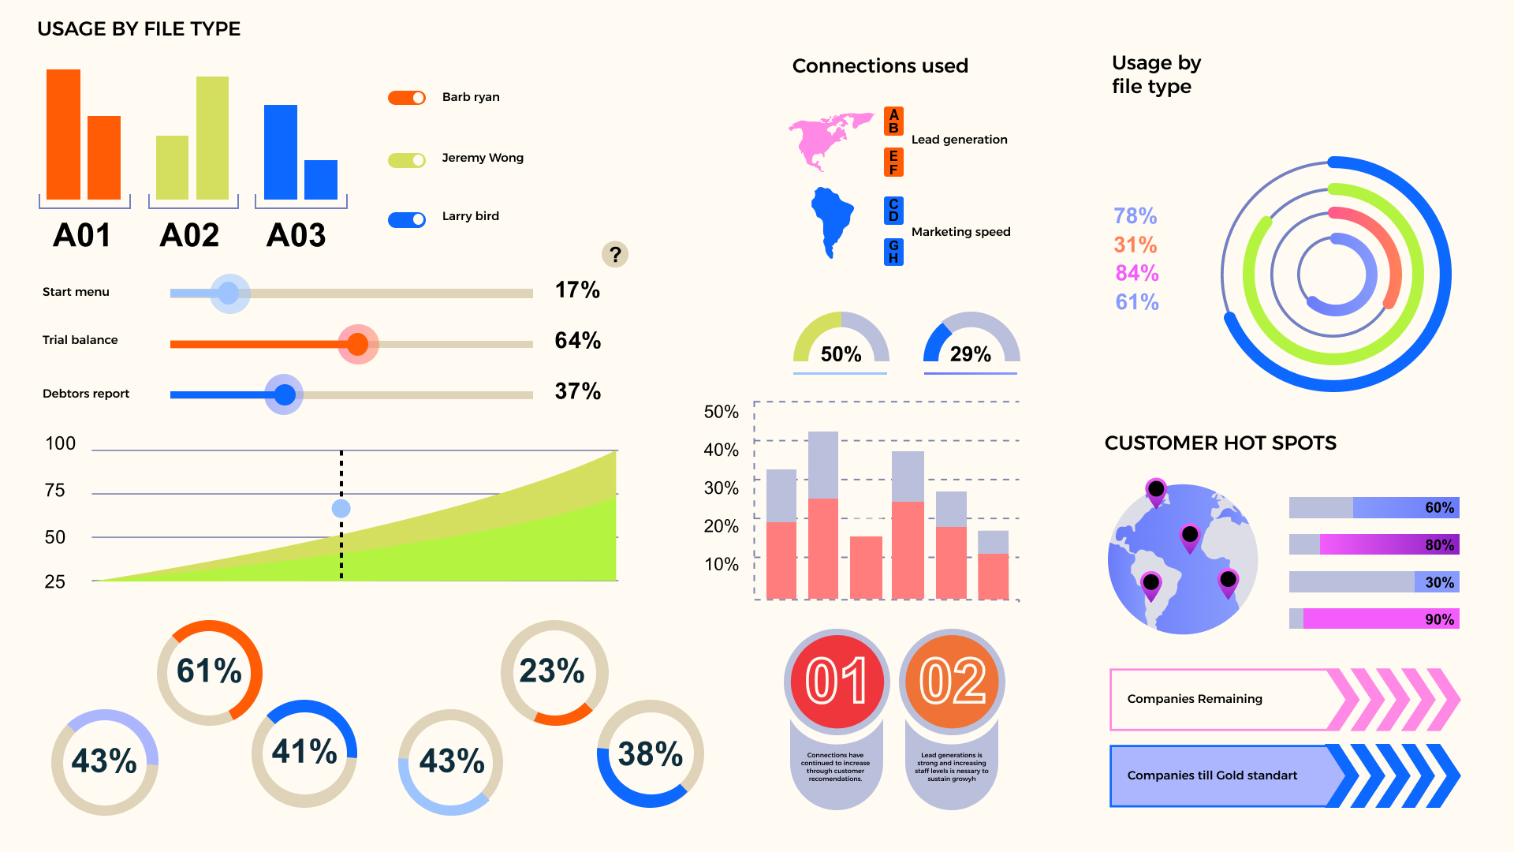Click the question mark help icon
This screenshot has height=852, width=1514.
(615, 254)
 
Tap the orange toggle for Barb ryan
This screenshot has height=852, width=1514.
(407, 98)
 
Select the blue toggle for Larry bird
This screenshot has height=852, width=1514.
(407, 219)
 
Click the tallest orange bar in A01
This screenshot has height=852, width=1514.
(63, 134)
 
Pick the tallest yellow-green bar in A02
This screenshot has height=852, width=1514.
(212, 138)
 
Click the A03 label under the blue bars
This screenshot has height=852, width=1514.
(296, 235)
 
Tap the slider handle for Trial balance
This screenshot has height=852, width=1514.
(358, 344)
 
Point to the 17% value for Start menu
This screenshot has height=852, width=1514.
(577, 290)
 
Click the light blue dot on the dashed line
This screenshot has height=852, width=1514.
(341, 508)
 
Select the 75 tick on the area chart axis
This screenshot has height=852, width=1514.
(55, 491)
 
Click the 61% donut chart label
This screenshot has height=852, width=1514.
(209, 671)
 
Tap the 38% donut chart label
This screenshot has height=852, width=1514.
(650, 754)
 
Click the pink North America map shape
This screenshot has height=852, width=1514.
(824, 138)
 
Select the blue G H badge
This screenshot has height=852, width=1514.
(893, 252)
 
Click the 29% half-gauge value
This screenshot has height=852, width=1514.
(970, 354)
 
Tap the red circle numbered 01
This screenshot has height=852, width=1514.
(836, 681)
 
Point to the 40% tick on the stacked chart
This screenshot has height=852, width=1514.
(721, 450)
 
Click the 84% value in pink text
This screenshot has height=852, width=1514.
(1136, 273)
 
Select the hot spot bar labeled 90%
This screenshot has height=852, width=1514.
(1374, 619)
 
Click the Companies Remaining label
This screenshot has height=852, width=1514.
(1194, 699)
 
